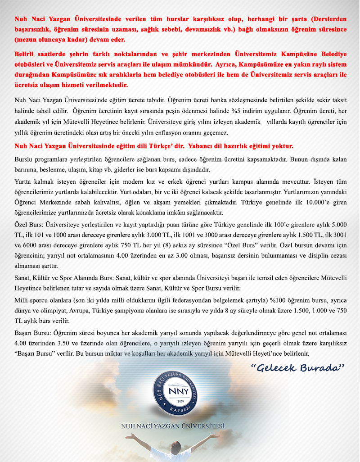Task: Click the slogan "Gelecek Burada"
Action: pyautogui.click(x=297, y=368)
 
